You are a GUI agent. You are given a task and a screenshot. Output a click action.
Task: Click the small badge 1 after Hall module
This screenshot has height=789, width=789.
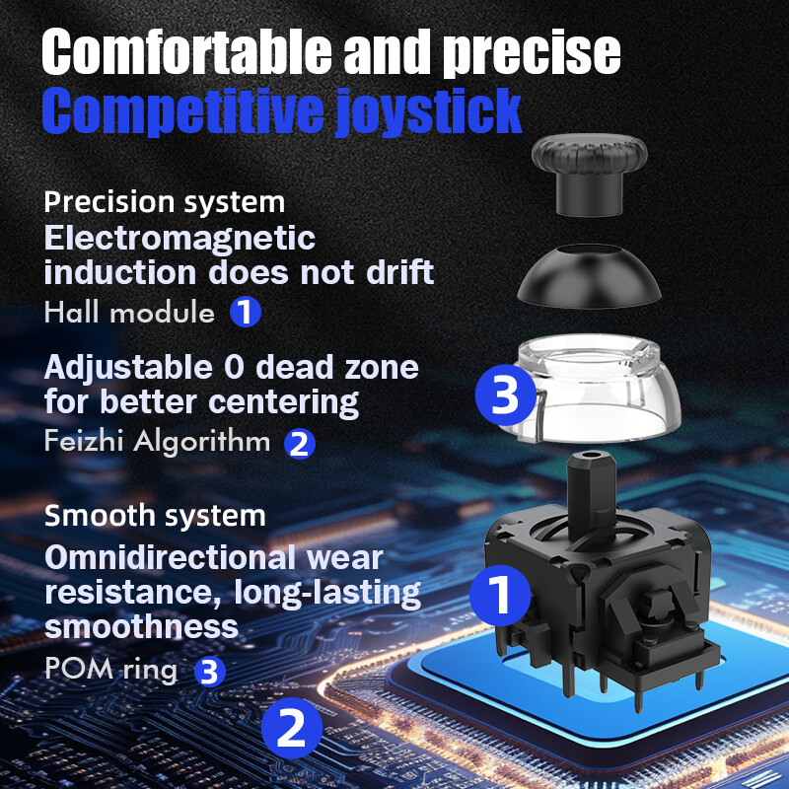(246, 314)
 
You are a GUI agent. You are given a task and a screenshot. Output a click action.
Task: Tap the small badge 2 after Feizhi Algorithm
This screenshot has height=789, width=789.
(300, 443)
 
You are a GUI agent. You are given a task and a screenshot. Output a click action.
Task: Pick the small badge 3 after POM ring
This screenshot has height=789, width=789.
(209, 672)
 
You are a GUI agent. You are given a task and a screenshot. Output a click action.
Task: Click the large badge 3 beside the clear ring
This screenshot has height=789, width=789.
(505, 396)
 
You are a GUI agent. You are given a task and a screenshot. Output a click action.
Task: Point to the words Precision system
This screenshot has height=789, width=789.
(165, 202)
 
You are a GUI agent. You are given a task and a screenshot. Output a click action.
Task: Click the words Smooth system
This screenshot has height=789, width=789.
(155, 515)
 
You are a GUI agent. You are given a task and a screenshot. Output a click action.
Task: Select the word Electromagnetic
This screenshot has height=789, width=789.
(179, 238)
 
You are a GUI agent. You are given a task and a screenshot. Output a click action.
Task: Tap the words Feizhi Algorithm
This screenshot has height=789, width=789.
(157, 441)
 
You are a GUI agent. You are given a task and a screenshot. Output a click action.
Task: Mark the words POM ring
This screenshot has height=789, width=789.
(110, 670)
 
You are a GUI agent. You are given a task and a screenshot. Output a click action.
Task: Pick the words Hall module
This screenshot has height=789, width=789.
(129, 314)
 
